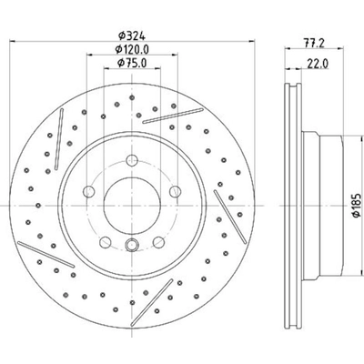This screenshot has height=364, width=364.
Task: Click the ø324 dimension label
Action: point(132,35)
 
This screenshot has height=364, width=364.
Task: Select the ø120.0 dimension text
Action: point(132,49)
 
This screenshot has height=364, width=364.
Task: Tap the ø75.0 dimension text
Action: point(132,63)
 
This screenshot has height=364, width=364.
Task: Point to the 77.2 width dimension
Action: point(314,43)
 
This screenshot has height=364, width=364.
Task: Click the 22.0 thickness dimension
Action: point(318,64)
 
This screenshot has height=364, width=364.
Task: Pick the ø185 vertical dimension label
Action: point(357,205)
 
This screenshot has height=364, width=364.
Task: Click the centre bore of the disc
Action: point(132,206)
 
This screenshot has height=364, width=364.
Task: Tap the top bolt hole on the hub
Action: point(132,160)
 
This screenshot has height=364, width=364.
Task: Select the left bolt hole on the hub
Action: point(89,191)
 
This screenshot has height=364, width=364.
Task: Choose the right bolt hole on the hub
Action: point(175,191)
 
